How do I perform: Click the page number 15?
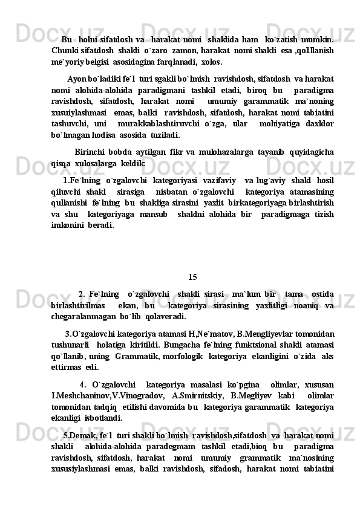192,277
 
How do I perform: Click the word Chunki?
65,50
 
